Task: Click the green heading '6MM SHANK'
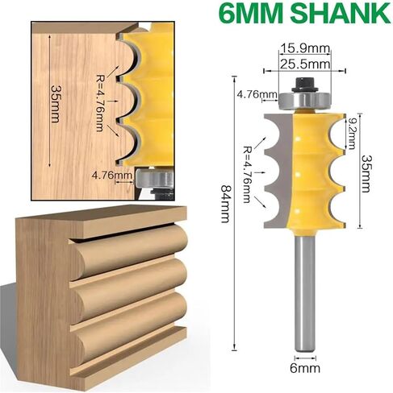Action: click(305, 13)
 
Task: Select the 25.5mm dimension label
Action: click(304, 64)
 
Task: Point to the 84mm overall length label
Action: click(225, 204)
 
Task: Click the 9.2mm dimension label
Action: click(352, 134)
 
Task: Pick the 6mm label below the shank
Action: click(305, 368)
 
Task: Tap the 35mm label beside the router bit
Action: click(366, 173)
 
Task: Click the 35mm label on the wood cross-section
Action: click(56, 104)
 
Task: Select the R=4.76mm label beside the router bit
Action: click(247, 174)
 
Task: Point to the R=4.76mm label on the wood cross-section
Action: click(99, 103)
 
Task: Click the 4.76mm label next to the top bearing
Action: click(257, 94)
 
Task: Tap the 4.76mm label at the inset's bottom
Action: click(112, 176)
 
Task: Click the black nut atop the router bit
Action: click(305, 85)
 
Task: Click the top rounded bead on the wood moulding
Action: click(130, 250)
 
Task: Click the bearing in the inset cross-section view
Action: click(154, 178)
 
